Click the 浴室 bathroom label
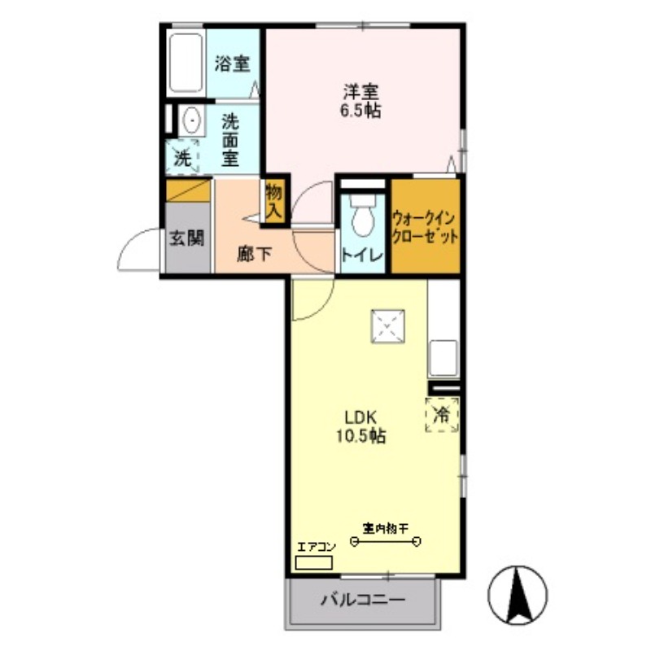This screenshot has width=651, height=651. tap(232, 64)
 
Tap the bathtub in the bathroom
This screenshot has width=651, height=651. tap(186, 63)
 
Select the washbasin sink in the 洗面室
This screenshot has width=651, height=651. tap(192, 122)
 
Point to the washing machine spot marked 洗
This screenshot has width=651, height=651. tap(183, 156)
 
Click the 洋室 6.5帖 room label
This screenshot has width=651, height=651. tap(362, 100)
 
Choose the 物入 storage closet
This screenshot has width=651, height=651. tap(274, 200)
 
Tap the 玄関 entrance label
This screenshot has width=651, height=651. tap(186, 239)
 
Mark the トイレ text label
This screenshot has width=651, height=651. tap(362, 255)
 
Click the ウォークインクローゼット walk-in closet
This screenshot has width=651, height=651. tap(426, 225)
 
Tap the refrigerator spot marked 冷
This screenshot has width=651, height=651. tap(442, 413)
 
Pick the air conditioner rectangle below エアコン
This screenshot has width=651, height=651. tap(314, 562)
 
